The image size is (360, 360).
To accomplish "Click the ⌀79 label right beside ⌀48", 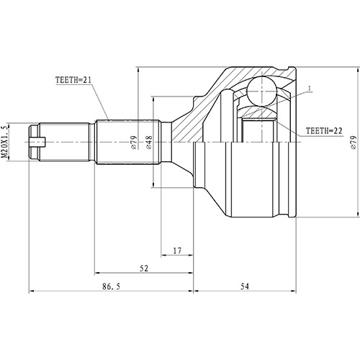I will tap(134, 141).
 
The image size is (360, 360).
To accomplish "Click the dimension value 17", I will tap(177, 251).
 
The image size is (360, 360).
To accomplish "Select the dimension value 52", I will tap(145, 269).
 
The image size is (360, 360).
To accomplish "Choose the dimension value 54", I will tap(244, 286).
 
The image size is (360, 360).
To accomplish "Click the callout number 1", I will tap(308, 89).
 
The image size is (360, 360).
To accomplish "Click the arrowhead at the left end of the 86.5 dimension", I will tap(31, 292).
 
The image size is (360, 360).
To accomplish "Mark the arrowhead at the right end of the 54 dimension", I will tap(295, 292).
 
